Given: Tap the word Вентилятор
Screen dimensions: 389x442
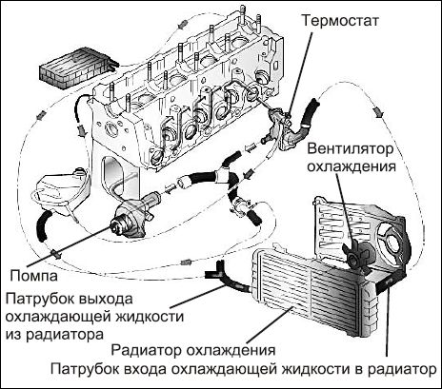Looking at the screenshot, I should (355, 149).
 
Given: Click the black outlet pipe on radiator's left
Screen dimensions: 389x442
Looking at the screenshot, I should (221, 278).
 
